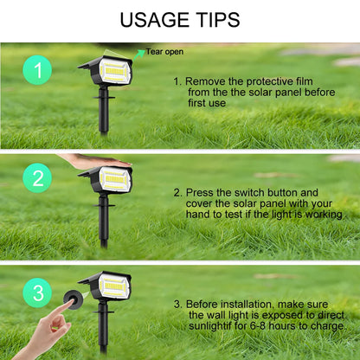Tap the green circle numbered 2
36,180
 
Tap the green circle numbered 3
36,290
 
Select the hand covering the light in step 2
91,161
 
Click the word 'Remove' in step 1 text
209,80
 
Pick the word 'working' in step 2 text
323,214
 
